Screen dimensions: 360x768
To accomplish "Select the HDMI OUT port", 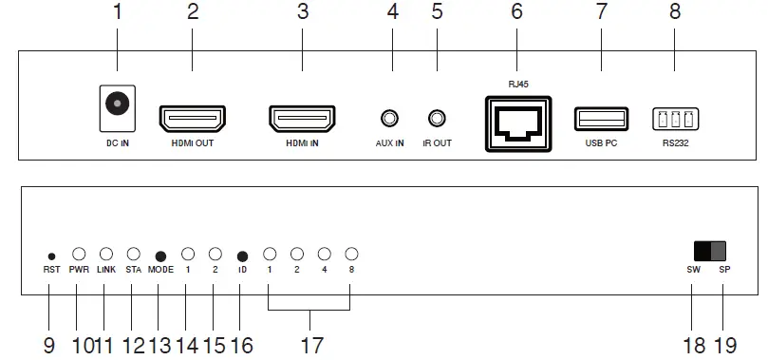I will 192,120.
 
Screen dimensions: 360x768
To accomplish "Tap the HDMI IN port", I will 303,120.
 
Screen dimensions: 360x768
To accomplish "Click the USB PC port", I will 601,120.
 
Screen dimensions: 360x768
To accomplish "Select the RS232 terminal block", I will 673,120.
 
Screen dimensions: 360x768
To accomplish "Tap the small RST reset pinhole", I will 51,256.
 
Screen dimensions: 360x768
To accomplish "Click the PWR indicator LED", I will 79,255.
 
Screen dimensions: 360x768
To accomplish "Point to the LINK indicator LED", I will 106,255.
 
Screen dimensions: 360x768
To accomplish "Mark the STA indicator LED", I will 134,255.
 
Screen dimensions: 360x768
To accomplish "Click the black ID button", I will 242,256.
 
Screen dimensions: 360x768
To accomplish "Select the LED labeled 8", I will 351,255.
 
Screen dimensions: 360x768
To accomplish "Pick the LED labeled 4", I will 324,255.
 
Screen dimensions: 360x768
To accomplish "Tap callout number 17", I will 310,344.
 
